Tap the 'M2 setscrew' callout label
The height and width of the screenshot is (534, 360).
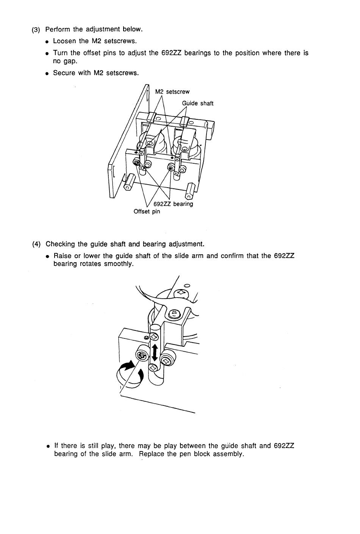(172, 92)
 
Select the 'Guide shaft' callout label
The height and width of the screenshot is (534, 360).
(198, 103)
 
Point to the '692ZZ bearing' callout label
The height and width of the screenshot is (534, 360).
(173, 204)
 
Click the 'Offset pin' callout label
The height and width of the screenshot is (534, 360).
(147, 211)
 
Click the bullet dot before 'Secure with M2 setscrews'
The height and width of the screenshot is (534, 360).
(47, 73)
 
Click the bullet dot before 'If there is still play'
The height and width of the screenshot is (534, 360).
(48, 446)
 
